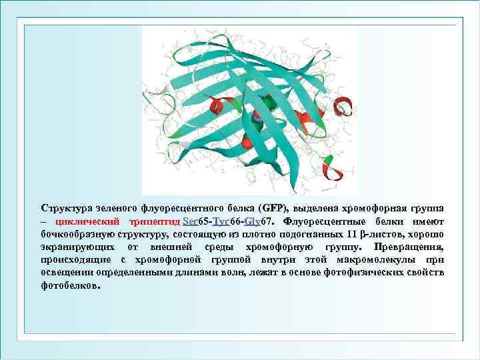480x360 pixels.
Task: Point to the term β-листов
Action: coord(382,234)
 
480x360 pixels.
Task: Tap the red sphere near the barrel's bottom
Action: coord(247,142)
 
